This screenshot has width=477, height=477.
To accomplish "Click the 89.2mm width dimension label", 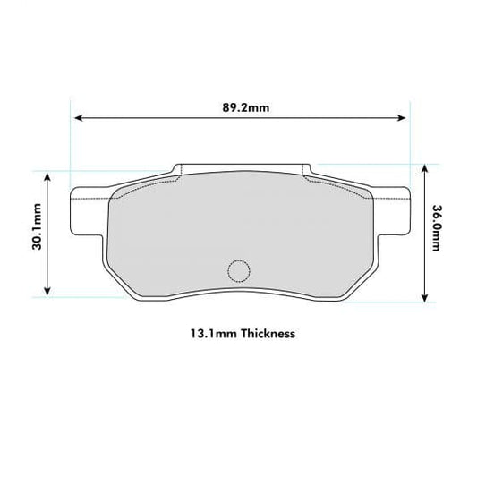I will (x=240, y=109).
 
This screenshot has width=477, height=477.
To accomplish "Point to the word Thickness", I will (x=265, y=333).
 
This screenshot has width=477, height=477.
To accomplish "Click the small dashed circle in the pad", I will (x=239, y=269).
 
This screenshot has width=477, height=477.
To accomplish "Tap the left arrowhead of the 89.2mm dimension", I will (x=77, y=117).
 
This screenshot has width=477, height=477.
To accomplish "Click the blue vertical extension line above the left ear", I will (x=71, y=143).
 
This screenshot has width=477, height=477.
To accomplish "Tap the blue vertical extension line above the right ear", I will (x=408, y=143).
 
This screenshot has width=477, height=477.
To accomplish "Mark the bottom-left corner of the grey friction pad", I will (x=134, y=294).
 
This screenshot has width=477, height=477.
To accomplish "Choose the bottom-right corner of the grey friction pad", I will (x=345, y=294).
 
